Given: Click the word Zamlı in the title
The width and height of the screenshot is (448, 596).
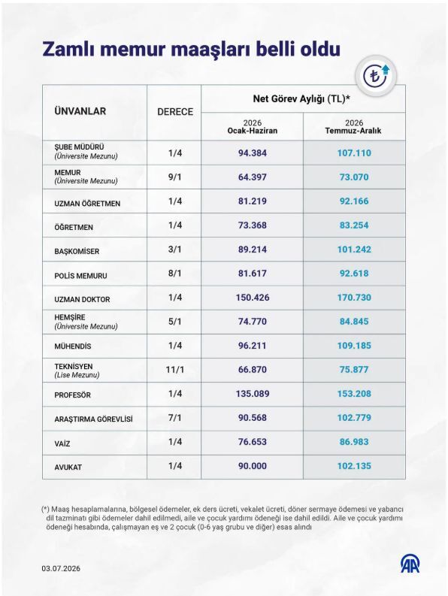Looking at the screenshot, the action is (68, 50).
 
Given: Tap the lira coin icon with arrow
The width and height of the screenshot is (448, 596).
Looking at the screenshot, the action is (376, 75).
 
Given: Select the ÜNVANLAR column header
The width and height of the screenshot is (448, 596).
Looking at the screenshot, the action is (80, 111).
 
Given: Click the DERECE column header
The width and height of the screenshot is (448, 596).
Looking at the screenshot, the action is (175, 112).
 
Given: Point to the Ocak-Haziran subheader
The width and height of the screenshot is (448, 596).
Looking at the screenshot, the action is (252, 131).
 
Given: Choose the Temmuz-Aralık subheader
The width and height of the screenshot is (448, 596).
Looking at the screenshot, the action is (353, 131).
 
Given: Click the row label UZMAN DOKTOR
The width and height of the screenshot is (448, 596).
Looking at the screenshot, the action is (82, 300).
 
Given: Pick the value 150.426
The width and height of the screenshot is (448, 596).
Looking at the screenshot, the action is (252, 297).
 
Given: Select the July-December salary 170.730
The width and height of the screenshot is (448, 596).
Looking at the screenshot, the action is (354, 297).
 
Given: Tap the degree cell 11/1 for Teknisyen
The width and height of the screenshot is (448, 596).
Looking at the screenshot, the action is (175, 370).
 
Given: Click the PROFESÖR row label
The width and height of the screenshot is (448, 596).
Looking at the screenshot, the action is (72, 395).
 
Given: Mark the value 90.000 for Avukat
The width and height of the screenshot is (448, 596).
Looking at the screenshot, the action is (252, 466).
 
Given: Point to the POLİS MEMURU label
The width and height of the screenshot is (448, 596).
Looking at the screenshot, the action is (80, 276).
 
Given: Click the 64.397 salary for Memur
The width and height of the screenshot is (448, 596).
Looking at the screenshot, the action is (252, 177).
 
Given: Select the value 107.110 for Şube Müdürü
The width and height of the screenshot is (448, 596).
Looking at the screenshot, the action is (354, 153).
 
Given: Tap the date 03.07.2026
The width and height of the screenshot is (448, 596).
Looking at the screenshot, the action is (61, 569).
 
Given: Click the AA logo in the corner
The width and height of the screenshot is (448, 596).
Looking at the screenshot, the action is (410, 564).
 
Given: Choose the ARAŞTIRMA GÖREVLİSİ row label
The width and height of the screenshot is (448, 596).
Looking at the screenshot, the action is (93, 419).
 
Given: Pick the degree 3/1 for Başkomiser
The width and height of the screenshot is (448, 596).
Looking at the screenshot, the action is (175, 250).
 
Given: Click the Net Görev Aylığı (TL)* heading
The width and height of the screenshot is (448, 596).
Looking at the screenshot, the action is (301, 99).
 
